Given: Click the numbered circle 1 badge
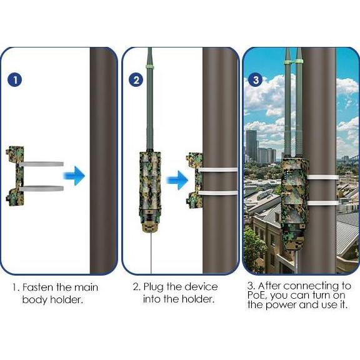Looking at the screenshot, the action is click(15, 80).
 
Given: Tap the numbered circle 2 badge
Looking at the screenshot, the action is click(136, 80).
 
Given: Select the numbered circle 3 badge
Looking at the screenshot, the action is click(256, 79).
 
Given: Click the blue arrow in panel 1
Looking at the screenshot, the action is click(74, 176).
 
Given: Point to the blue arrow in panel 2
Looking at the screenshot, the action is click(177, 180).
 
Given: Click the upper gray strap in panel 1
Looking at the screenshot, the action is click(41, 164).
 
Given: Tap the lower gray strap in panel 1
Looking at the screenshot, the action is click(41, 188).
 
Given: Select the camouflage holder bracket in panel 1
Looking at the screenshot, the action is click(15, 176).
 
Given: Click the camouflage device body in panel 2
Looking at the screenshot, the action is click(150, 192).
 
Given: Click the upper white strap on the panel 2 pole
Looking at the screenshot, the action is click(218, 169).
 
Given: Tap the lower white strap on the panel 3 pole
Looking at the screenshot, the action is click(322, 202).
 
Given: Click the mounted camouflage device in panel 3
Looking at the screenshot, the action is click(294, 204).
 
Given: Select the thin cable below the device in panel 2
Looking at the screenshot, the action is click(151, 253).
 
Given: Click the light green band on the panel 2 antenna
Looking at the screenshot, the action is click(150, 67).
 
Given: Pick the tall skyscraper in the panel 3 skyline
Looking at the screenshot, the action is click(252, 146).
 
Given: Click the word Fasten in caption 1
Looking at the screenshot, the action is click(37, 287).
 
